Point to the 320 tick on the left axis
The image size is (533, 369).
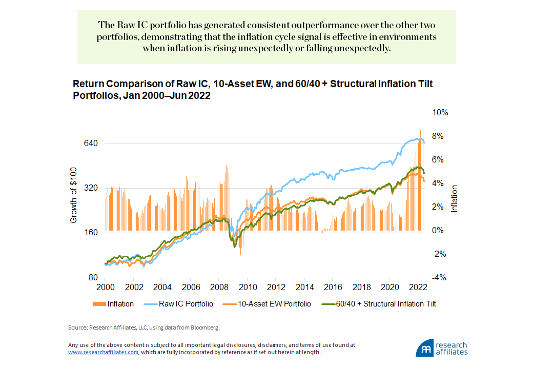click(91, 188)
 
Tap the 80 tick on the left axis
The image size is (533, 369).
click(93, 278)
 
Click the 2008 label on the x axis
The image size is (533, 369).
click(219, 287)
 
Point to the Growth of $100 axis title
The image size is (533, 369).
click(73, 195)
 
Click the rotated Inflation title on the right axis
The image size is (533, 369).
click(454, 199)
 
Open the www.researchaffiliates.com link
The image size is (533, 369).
click(103, 353)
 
